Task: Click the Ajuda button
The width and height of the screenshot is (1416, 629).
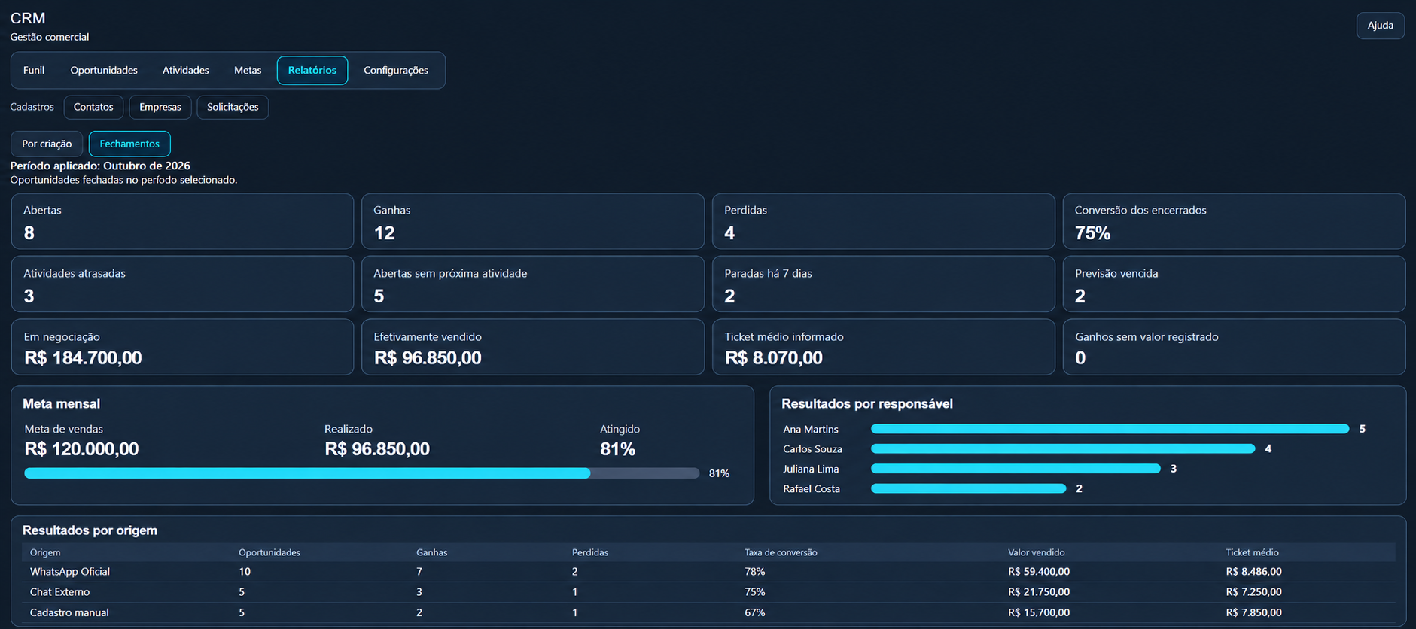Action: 1380,26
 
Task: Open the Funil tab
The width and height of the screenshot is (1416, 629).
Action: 34,71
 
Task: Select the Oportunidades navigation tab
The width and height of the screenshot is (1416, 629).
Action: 104,71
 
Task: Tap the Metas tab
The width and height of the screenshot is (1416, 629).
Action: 248,71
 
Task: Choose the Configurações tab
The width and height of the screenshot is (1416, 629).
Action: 396,71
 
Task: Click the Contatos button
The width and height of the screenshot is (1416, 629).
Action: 93,107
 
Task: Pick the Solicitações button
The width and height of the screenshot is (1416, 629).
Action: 233,107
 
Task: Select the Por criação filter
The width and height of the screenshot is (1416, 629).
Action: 47,144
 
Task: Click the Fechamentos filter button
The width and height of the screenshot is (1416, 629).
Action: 129,144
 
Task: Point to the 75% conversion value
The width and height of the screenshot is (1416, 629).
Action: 1092,233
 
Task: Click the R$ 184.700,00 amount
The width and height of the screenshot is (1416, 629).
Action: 83,358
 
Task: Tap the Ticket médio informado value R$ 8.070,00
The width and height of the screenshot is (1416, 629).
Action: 774,358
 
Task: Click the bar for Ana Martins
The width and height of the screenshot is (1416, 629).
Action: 1110,429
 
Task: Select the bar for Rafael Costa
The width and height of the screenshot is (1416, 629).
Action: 968,488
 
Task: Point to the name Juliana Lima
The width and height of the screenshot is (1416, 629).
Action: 811,469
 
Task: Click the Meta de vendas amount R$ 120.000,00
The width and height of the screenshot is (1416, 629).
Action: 81,449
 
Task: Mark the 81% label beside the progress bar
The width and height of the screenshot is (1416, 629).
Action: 719,473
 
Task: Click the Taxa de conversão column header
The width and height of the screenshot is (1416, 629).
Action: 781,552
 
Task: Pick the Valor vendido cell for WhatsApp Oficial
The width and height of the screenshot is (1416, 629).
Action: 1039,572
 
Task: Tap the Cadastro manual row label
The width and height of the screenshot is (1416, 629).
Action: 69,612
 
